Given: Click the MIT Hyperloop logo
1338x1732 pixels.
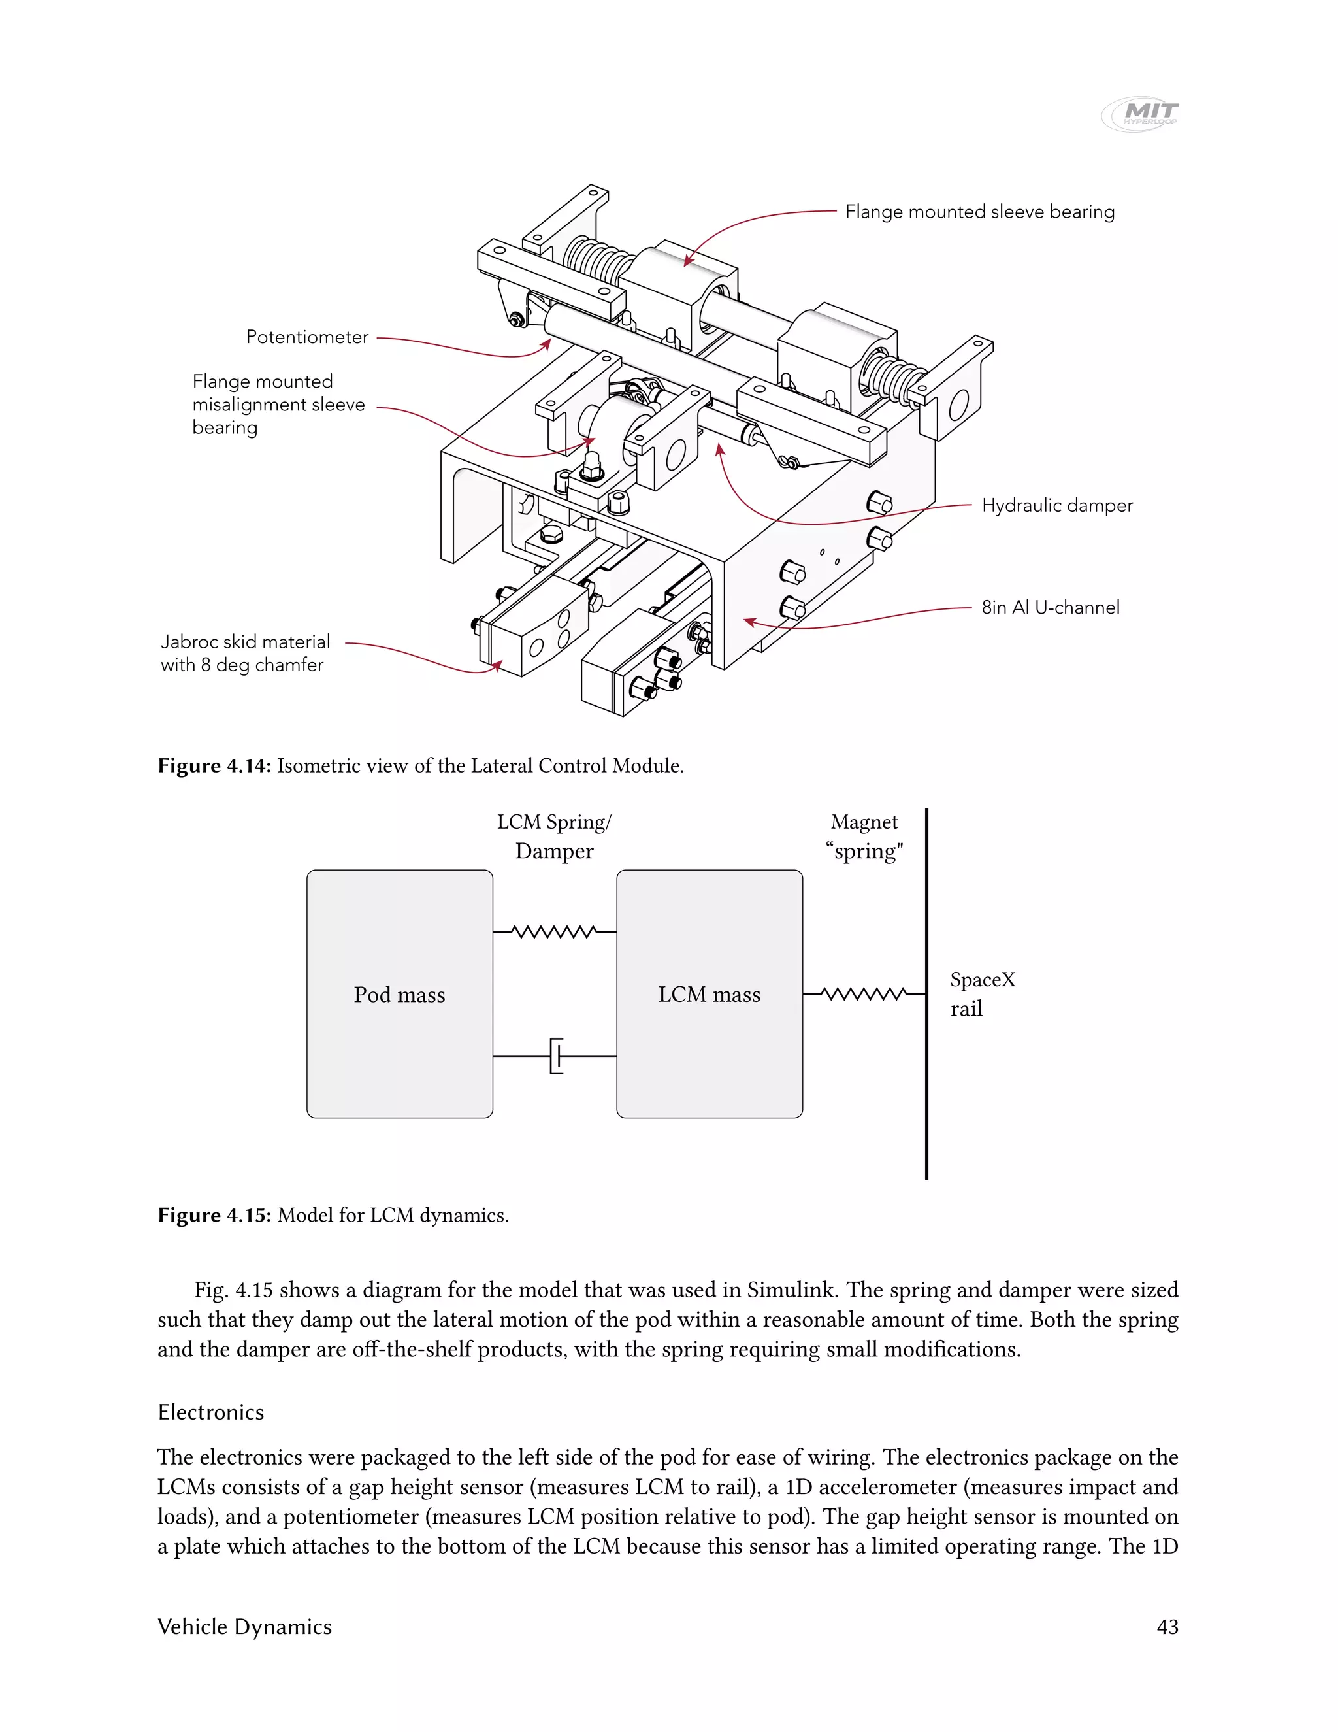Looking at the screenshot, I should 1141,114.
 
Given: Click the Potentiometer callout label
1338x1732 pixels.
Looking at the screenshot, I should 307,337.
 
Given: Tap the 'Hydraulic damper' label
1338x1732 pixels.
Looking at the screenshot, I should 1056,505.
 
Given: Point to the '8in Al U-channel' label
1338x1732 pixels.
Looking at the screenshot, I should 1051,607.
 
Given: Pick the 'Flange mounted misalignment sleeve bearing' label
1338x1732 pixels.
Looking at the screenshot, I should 278,405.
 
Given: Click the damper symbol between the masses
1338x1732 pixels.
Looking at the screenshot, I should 557,1056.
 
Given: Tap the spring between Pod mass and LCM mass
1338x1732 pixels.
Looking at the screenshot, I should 555,932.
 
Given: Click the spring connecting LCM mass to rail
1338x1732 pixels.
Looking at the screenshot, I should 864,993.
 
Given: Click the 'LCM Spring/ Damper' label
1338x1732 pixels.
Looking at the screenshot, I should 554,837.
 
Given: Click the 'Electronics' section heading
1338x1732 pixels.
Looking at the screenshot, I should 211,1412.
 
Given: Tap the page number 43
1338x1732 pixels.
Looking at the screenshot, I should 1167,1627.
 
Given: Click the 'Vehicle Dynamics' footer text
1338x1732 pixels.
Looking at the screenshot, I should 245,1627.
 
